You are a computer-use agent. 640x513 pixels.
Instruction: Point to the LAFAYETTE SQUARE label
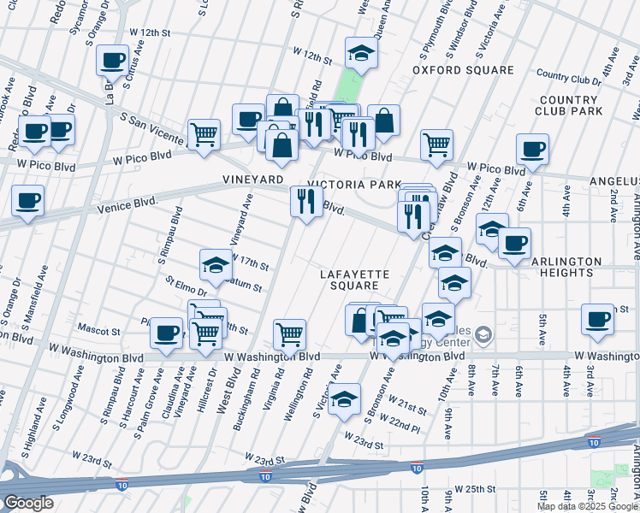pos(355,280)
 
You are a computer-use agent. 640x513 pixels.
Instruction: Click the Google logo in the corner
pos(28,503)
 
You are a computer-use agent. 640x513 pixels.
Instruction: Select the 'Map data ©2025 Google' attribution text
pos(587,506)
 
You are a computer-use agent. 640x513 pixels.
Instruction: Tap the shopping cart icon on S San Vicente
pos(204,134)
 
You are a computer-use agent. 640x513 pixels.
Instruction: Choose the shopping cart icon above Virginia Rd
pos(290,334)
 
